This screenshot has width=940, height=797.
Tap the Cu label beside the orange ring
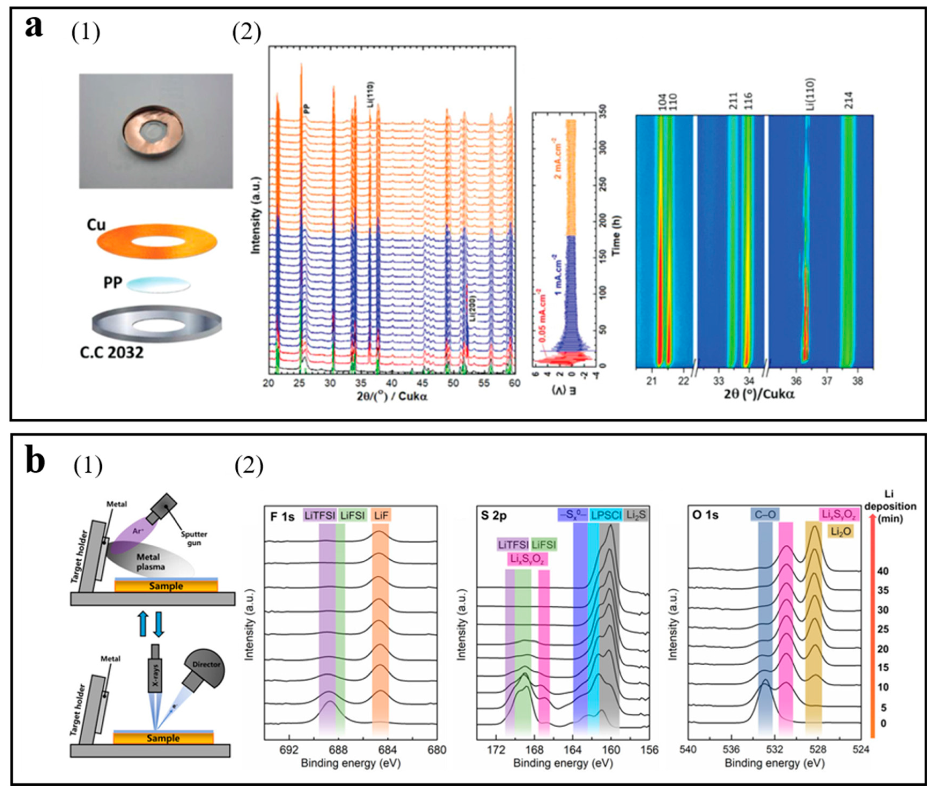pos(96,225)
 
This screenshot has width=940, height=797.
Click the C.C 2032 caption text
pos(112,352)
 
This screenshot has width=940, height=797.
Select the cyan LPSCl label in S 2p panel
pos(606,515)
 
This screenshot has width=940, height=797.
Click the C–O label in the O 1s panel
pos(765,515)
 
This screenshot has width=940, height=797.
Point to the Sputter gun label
pos(194,538)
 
